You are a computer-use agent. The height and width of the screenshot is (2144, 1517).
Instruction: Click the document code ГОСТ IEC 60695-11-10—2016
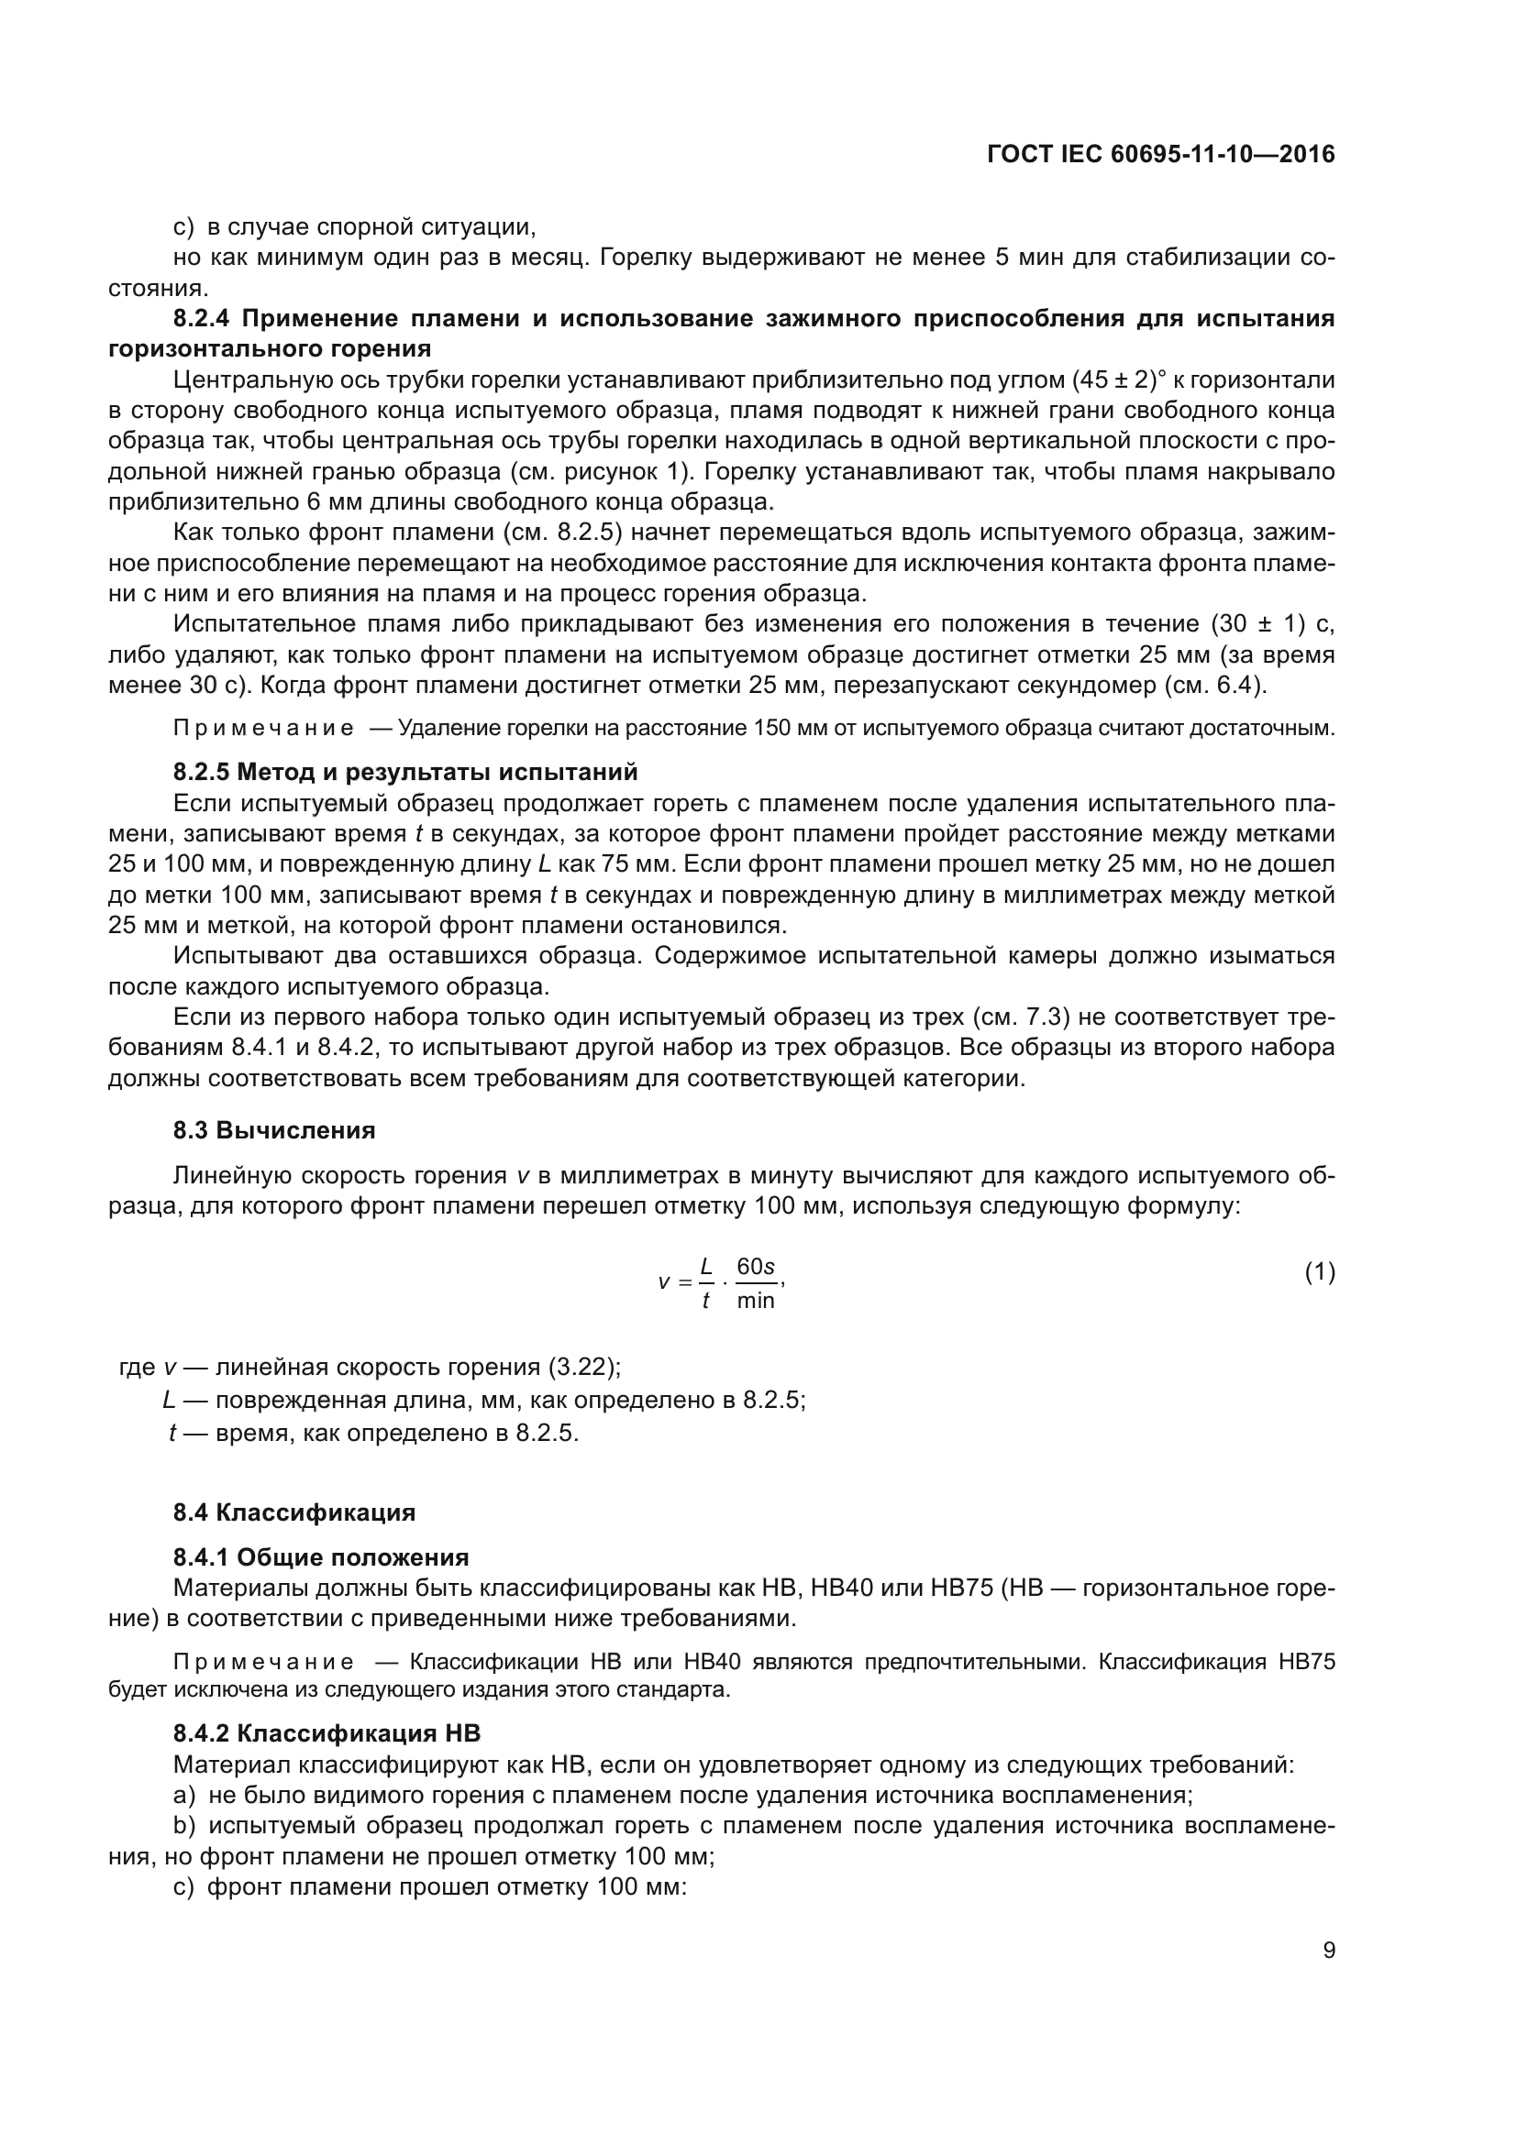[1160, 154]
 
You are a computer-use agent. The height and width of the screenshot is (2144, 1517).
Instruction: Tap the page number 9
[1328, 1950]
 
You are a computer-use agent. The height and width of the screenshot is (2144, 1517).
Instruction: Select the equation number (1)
[1319, 1273]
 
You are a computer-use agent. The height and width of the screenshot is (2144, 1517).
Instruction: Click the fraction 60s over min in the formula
[755, 1283]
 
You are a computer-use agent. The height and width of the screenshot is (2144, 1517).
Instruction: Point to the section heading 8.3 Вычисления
[273, 1130]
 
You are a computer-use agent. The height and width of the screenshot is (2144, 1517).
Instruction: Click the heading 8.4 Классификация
[294, 1512]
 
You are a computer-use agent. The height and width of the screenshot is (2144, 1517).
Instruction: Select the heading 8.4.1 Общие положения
[320, 1556]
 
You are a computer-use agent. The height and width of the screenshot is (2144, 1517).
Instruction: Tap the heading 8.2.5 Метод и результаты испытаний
[405, 771]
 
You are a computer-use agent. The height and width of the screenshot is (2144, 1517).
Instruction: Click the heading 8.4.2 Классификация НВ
[326, 1733]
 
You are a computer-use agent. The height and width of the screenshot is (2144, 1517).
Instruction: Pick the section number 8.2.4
[201, 318]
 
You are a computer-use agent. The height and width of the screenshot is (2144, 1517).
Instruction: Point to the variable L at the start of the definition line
[169, 1400]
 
